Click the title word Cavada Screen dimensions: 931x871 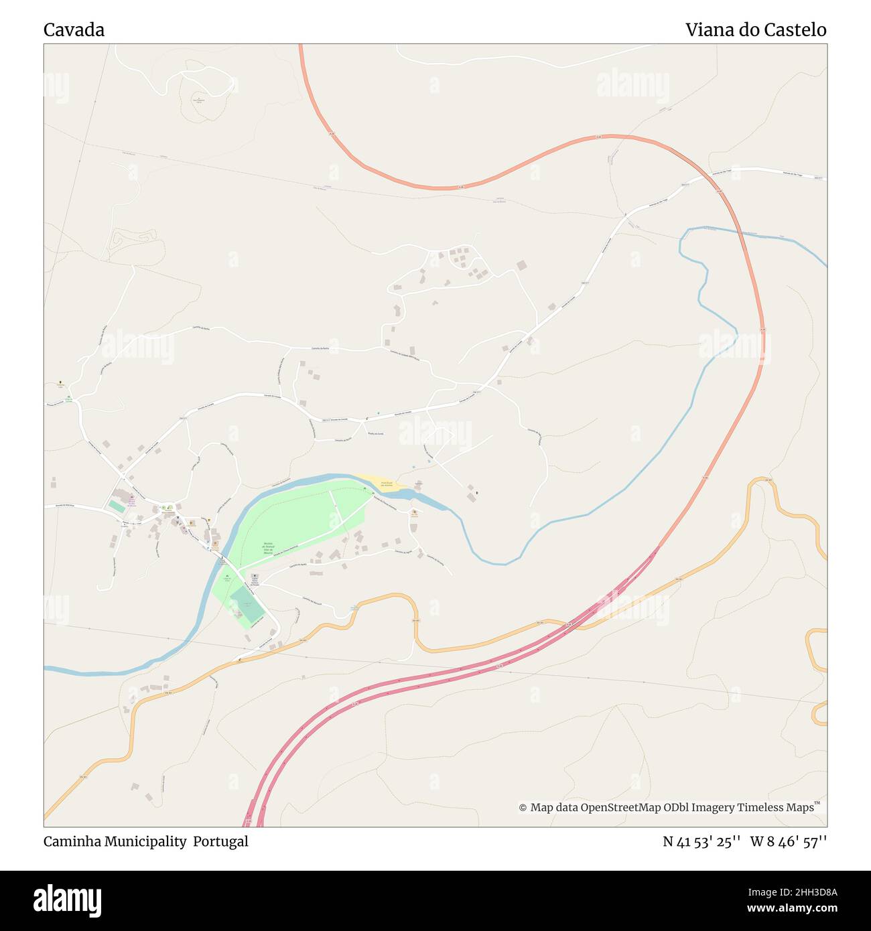pyautogui.click(x=74, y=30)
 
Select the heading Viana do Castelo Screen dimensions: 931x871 pyautogui.click(x=755, y=30)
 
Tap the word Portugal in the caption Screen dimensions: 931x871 pyautogui.click(x=220, y=841)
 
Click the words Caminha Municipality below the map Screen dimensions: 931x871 pyautogui.click(x=115, y=841)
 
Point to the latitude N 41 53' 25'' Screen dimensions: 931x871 pyautogui.click(x=701, y=841)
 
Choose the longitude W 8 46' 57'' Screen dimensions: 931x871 pyautogui.click(x=788, y=841)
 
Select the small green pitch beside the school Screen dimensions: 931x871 pyautogui.click(x=117, y=507)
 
